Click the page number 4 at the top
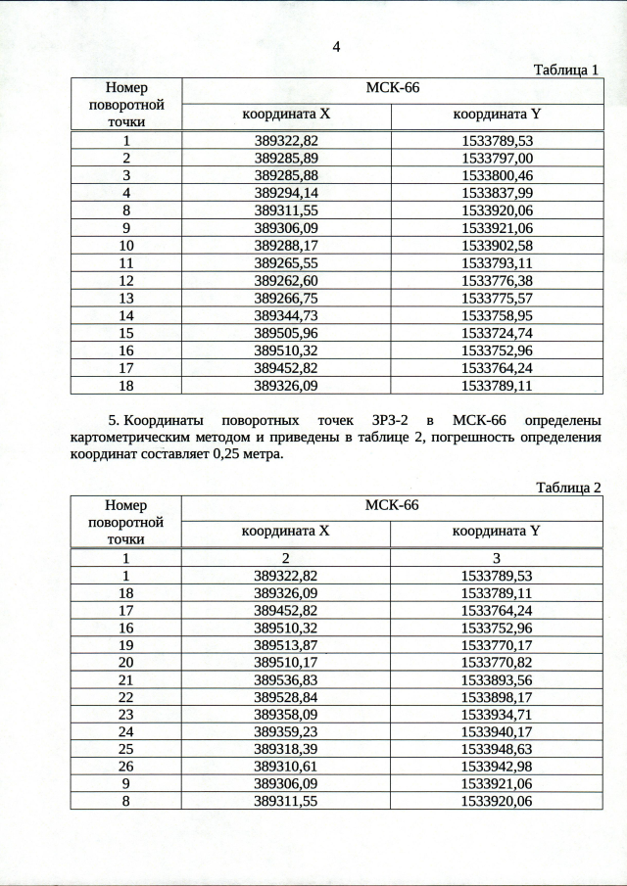(336, 47)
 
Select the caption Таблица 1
(565, 70)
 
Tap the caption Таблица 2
(565, 487)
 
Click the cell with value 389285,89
(286, 158)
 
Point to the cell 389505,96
(286, 333)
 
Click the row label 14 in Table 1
(125, 315)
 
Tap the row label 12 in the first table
(125, 280)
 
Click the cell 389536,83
(286, 679)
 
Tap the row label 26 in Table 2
(125, 767)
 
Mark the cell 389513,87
(286, 644)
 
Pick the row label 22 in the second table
(125, 697)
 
